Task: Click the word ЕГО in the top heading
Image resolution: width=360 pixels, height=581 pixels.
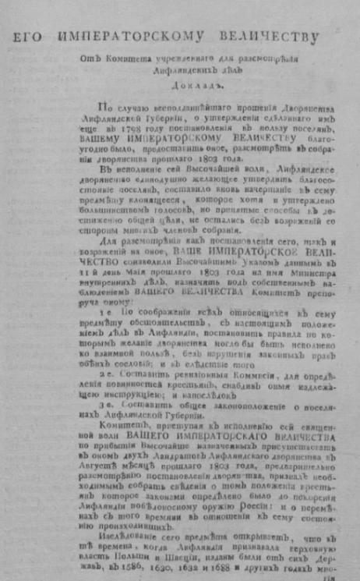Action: [28, 37]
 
